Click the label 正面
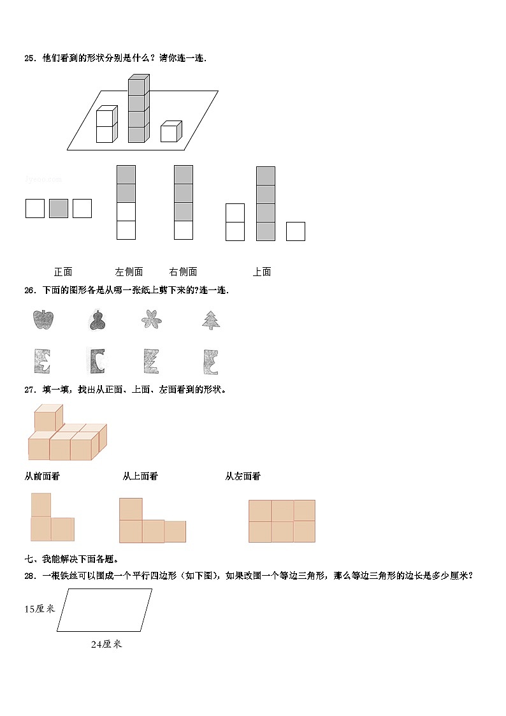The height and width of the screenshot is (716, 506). coord(63,272)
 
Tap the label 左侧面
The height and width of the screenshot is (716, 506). coord(129,272)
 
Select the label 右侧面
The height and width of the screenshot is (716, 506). coord(184,272)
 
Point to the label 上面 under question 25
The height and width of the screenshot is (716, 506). coord(262,272)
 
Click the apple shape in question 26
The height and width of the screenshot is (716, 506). coord(43,319)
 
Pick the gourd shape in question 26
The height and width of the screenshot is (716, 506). coord(97,320)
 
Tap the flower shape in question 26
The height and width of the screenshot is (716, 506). coord(152,319)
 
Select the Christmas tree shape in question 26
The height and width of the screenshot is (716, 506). coord(211,319)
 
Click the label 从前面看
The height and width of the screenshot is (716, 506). coord(42,476)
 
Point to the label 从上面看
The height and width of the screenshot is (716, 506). coord(140,476)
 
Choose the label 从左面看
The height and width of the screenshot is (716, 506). coord(243,476)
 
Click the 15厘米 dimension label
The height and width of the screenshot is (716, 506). coord(40,608)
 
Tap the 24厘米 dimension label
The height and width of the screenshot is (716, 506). coord(106,644)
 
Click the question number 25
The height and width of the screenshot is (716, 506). coord(29,58)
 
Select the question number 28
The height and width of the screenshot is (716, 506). coord(29,576)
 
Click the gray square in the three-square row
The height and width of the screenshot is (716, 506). coord(59,208)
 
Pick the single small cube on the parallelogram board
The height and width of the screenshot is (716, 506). coord(170,132)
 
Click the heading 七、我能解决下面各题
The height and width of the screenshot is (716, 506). coord(71,559)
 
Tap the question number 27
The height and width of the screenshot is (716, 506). coord(29,390)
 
